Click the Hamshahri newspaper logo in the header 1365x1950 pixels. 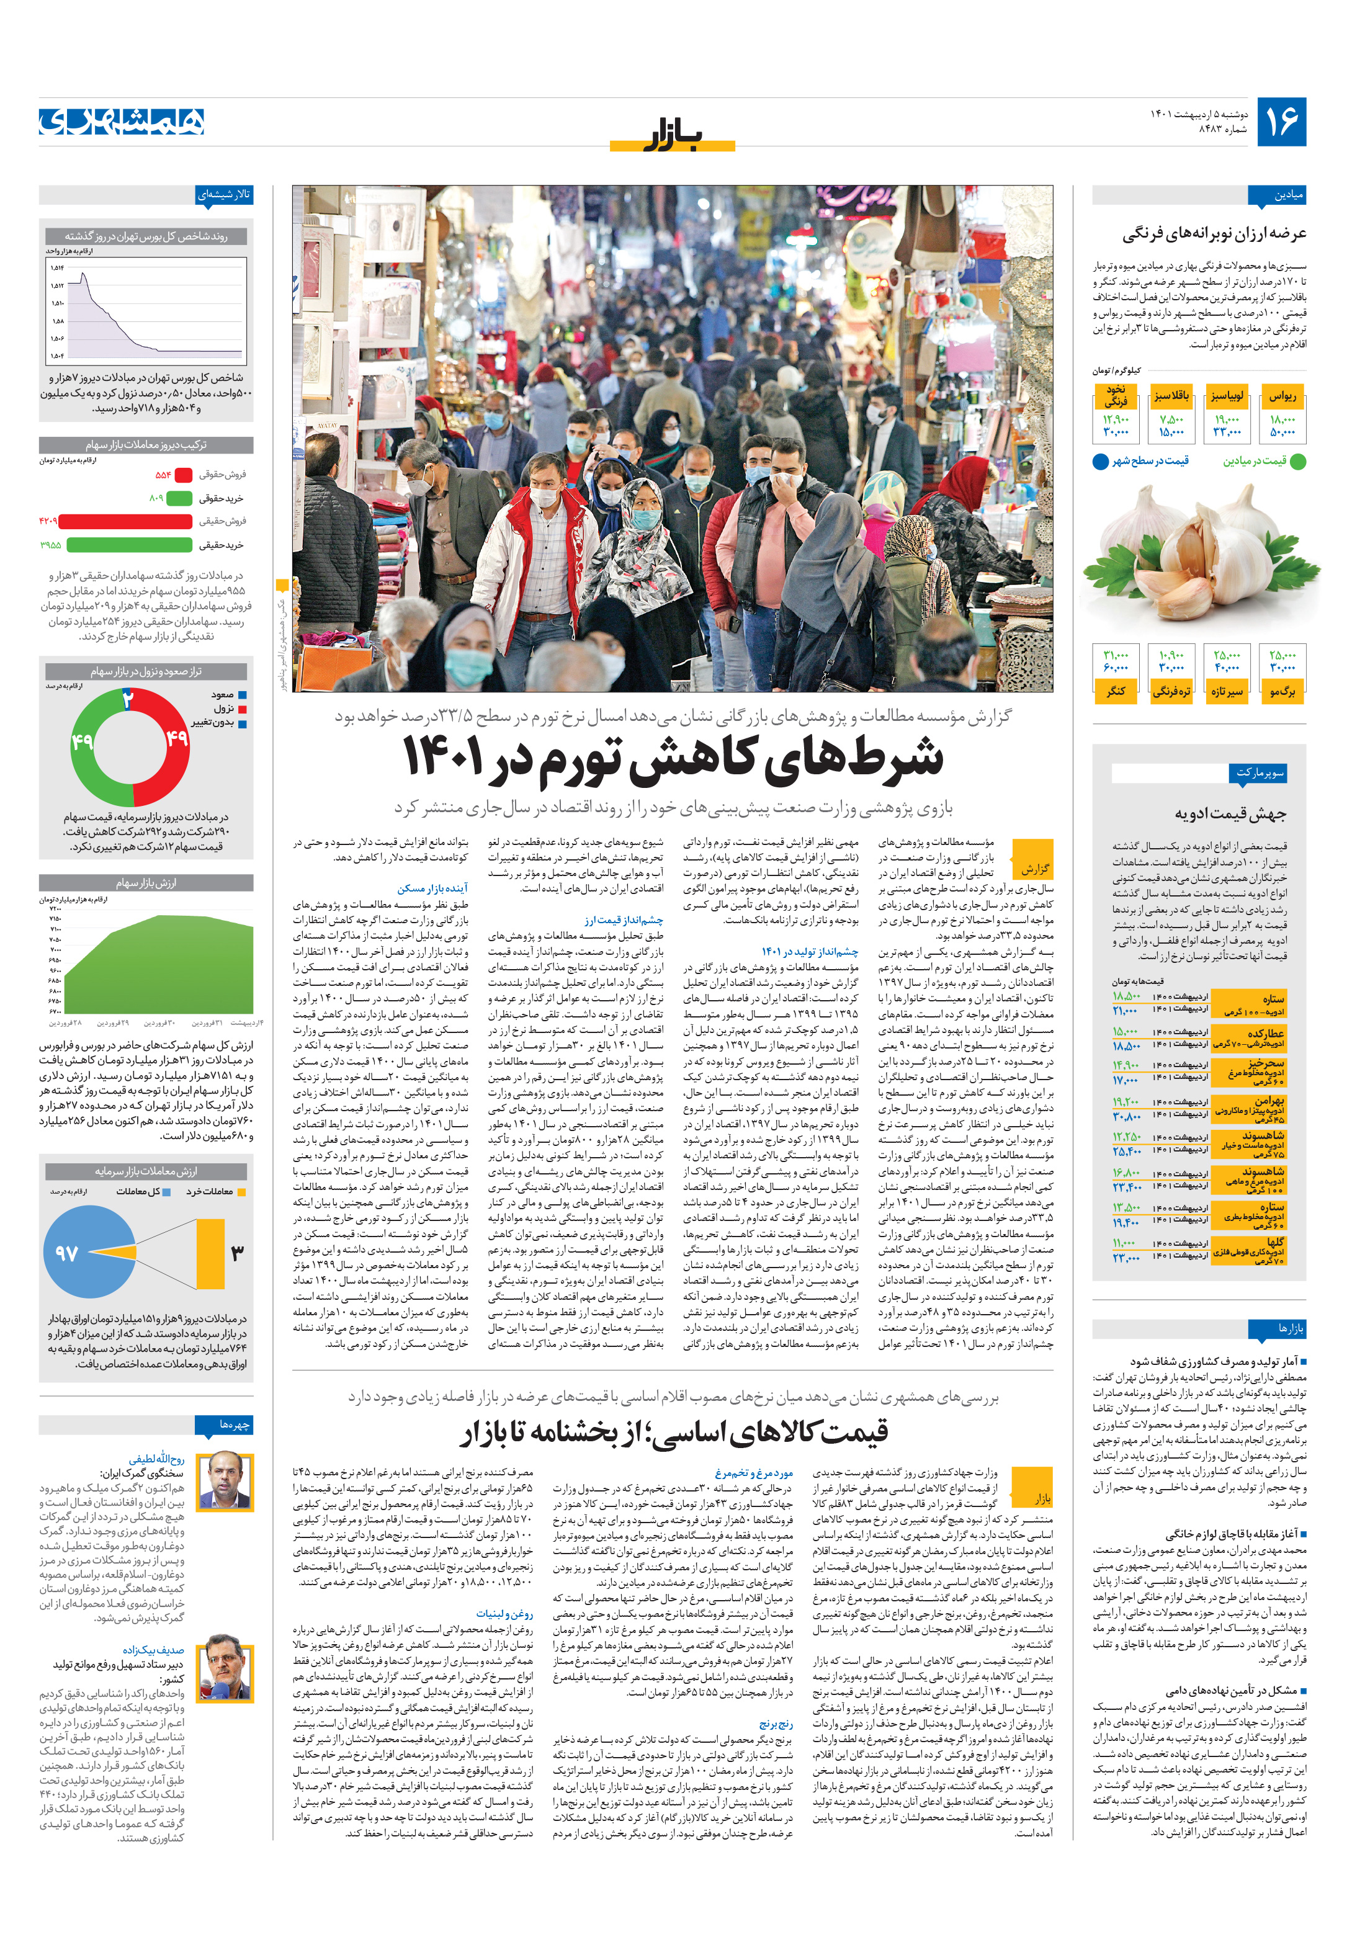(x=122, y=122)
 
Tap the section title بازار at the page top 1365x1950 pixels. (x=672, y=135)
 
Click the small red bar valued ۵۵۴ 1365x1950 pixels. (x=182, y=475)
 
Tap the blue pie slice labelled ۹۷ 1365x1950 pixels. (x=81, y=1253)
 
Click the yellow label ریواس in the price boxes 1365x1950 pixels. (x=1282, y=396)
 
